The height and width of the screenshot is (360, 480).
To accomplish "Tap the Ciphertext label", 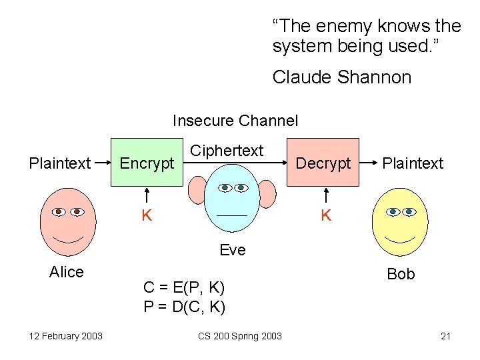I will click(227, 151).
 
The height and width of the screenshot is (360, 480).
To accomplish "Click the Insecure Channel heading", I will click(235, 121).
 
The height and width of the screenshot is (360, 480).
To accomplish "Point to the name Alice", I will click(67, 272).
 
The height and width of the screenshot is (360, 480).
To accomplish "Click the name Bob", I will click(401, 274).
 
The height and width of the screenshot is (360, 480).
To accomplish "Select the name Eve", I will click(233, 250).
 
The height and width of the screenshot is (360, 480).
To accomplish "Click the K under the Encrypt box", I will click(146, 215).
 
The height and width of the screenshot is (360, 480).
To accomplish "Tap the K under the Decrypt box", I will click(326, 215).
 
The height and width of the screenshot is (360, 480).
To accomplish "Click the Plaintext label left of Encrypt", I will click(60, 163).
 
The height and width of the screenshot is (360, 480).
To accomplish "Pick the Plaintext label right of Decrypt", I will click(413, 163).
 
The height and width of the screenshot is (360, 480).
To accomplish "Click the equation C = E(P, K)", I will click(184, 288).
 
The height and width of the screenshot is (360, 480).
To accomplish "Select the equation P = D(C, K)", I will click(184, 307).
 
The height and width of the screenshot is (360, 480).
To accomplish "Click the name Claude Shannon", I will click(342, 77).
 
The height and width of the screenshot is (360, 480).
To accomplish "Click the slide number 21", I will click(446, 336).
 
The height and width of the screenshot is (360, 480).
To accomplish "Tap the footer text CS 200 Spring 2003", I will click(240, 336).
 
